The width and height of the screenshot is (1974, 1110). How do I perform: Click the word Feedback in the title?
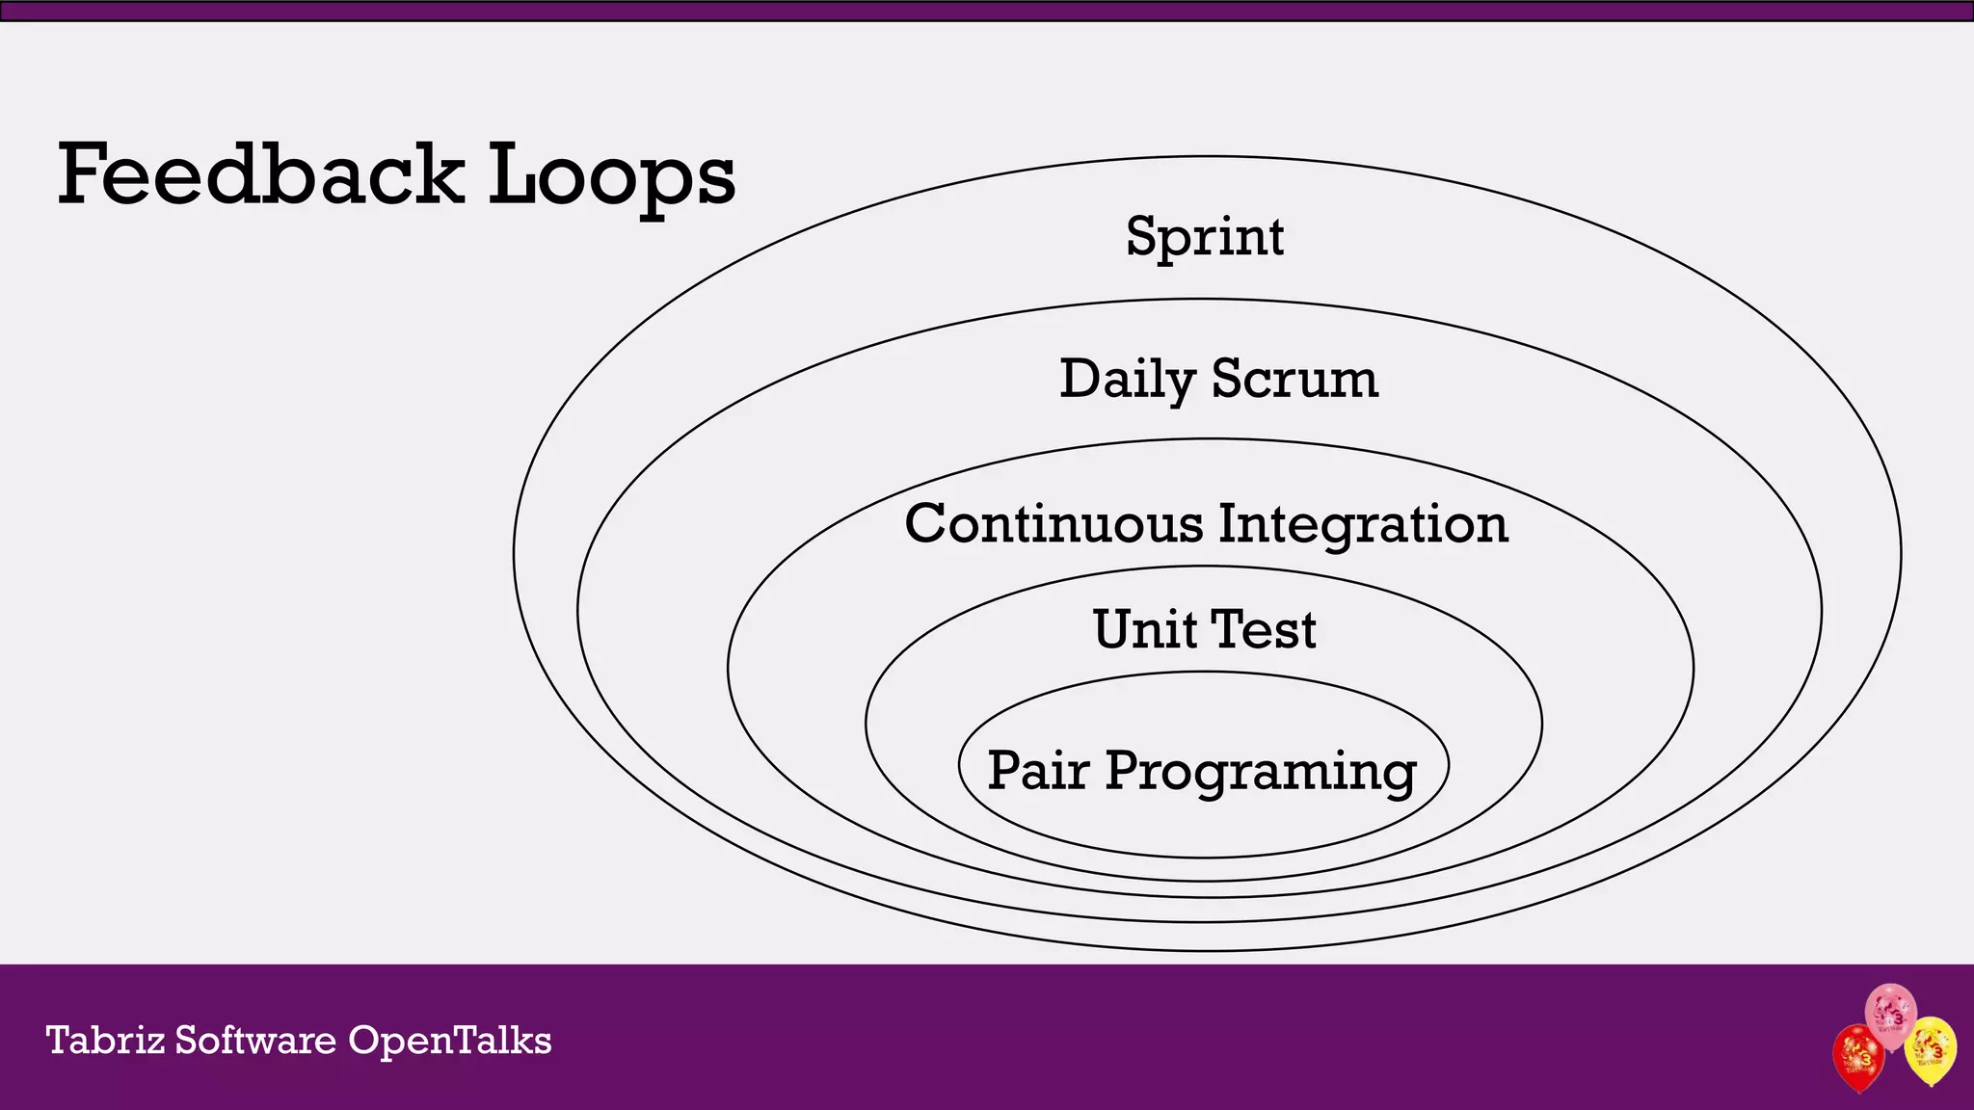click(260, 174)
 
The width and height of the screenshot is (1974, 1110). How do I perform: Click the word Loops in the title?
click(611, 176)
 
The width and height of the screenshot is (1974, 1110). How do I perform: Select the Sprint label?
click(1205, 236)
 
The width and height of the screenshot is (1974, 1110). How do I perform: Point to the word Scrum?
click(1294, 379)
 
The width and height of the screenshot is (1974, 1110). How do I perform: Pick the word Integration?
click(1363, 525)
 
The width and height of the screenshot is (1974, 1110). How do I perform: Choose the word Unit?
click(1144, 629)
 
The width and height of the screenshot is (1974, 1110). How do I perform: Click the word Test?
click(1264, 629)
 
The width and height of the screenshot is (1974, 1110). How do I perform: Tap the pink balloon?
click(1890, 1015)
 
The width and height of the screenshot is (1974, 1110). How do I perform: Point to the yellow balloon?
click(1931, 1049)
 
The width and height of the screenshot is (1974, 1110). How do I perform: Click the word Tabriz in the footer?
click(105, 1041)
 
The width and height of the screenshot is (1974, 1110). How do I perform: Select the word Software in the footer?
click(255, 1041)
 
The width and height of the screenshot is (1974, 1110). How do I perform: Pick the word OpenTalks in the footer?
click(449, 1041)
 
